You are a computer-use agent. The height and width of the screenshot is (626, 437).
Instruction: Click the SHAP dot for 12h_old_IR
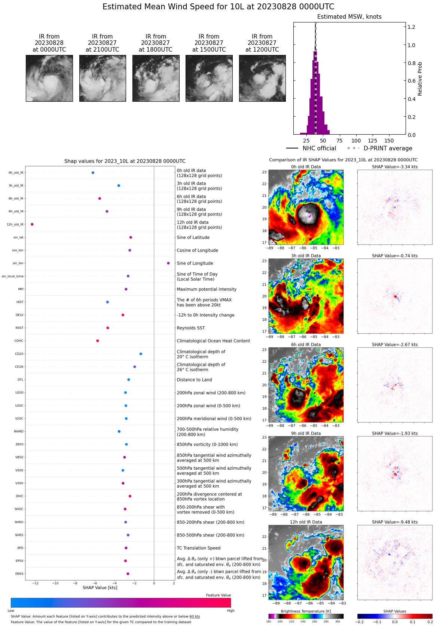coord(32,224)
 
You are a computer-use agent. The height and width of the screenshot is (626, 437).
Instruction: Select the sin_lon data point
coord(168,263)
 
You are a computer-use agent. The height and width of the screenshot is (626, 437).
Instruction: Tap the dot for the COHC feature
coord(98,341)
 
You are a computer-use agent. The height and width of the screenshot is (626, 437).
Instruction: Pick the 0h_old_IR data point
coord(93,173)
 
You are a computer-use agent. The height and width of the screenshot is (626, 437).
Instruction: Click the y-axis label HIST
coord(20,302)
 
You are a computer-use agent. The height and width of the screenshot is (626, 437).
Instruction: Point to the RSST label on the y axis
coord(19,328)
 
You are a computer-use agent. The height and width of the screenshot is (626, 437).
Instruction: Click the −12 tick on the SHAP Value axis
coord(36,583)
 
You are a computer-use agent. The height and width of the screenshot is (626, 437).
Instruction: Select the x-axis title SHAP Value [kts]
coord(100,587)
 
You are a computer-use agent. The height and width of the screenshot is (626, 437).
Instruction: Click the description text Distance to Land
coord(194,380)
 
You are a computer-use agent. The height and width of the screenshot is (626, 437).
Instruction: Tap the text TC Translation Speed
coord(198,548)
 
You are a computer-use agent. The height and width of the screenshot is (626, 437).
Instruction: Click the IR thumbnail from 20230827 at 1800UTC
coord(156,78)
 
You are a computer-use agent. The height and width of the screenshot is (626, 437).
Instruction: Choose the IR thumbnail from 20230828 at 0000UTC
coord(49,78)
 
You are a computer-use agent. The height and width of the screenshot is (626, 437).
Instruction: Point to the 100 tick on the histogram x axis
coord(356,141)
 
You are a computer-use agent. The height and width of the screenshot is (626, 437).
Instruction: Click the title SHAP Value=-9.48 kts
coord(395,522)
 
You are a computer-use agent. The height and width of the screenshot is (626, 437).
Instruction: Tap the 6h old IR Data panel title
coord(306,345)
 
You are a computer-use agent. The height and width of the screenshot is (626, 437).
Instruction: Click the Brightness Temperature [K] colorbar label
coord(306,611)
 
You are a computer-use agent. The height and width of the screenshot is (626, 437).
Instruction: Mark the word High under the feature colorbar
coord(230,611)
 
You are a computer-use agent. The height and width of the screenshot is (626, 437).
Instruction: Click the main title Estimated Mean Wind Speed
coord(218,7)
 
